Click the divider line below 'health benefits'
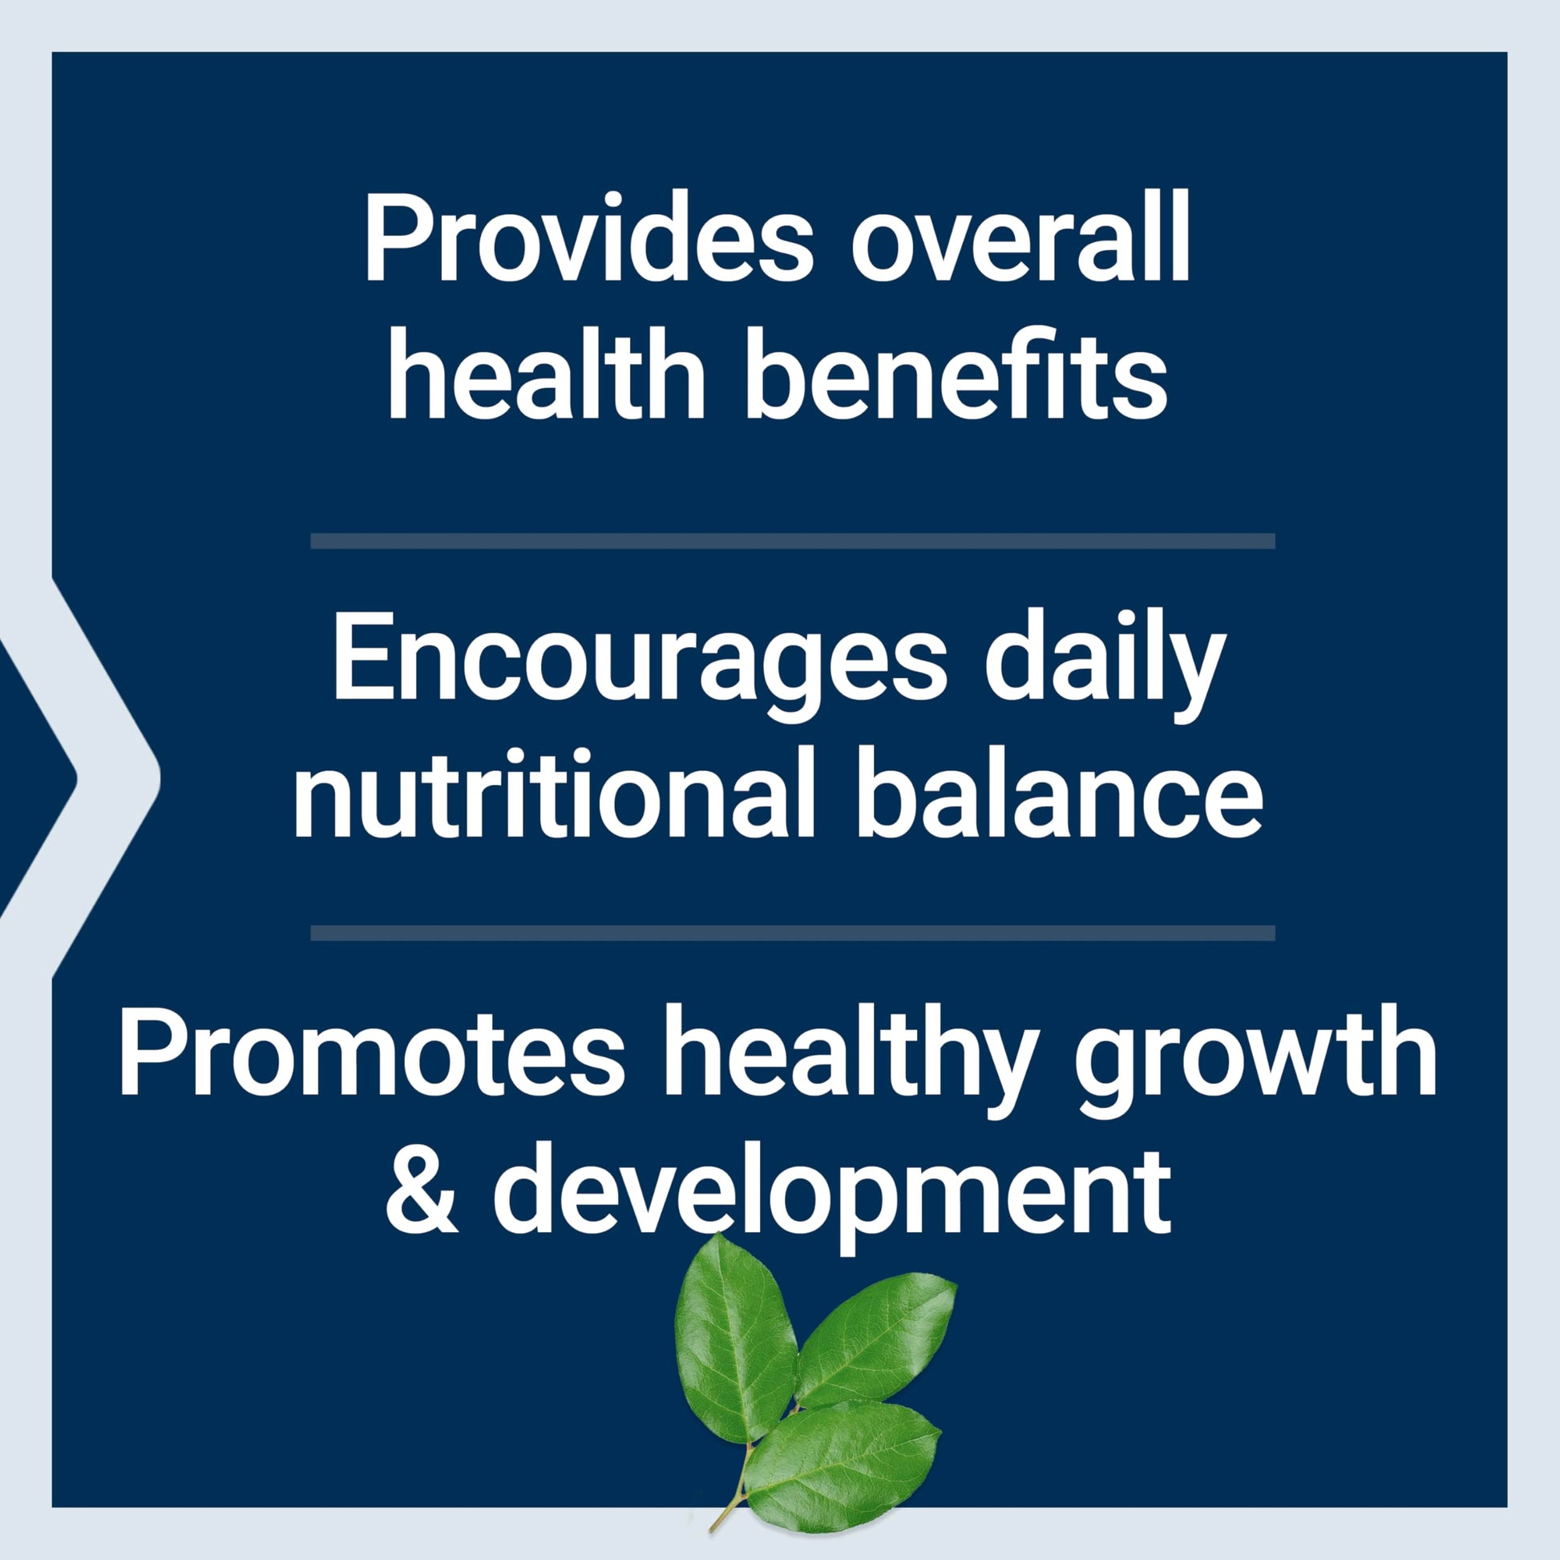(x=793, y=541)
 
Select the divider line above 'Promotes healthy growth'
(x=793, y=933)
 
